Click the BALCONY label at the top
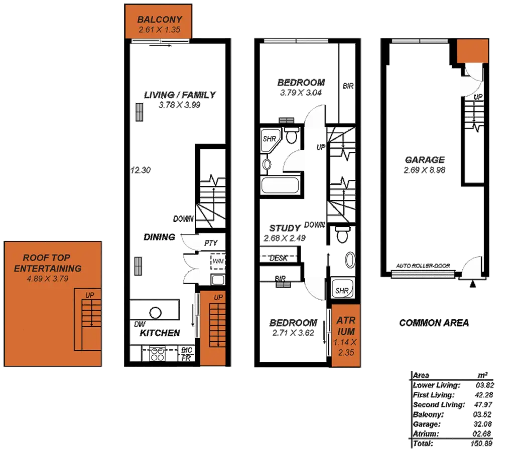click(160, 20)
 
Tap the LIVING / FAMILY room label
click(180, 95)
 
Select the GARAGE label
click(424, 160)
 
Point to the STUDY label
click(285, 228)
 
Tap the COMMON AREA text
click(434, 323)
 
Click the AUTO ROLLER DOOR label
click(422, 266)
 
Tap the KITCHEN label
click(160, 333)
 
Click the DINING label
click(159, 237)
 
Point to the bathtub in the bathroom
click(280, 187)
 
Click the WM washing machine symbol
click(218, 262)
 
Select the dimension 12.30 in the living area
click(141, 170)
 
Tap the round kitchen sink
click(156, 313)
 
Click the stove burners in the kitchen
click(157, 353)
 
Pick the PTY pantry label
click(210, 243)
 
